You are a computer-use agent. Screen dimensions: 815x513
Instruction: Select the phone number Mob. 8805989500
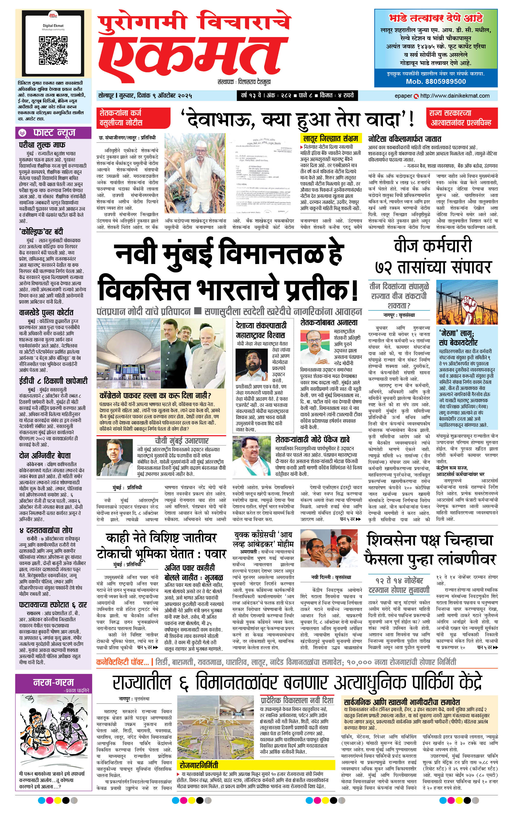[436, 82]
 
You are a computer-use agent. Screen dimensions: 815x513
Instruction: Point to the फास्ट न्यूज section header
[53, 133]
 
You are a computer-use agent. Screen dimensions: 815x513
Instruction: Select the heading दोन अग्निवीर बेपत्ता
[45, 456]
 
